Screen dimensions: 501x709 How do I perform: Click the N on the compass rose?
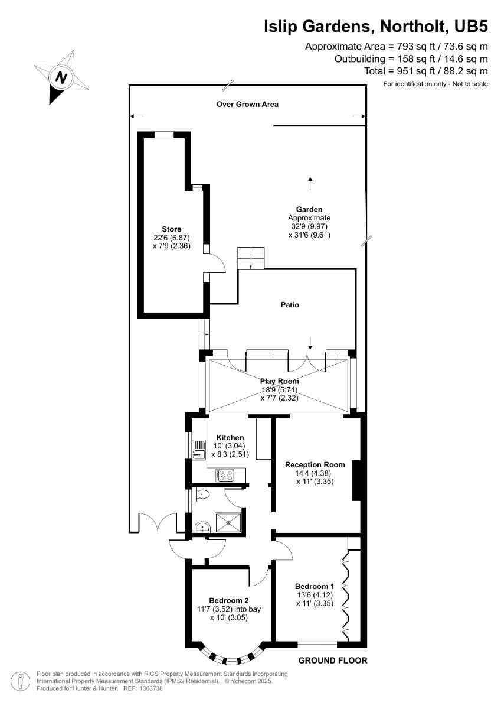[61, 77]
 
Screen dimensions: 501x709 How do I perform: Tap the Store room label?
[171, 229]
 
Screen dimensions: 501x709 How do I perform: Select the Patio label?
[290, 304]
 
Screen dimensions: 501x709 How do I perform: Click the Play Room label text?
[280, 382]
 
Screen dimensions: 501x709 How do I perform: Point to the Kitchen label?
[230, 437]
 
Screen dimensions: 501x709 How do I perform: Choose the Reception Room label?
[315, 464]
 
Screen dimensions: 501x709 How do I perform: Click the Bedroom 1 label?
[315, 586]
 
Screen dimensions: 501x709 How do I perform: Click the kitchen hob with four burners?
[225, 475]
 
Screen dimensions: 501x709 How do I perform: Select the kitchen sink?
[198, 450]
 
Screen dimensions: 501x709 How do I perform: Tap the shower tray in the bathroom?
[228, 523]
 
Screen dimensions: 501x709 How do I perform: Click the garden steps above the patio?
[251, 258]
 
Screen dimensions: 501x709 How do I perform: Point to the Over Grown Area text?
[247, 104]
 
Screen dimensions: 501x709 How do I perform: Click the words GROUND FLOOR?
[333, 661]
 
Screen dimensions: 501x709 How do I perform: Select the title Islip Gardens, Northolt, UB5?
[376, 26]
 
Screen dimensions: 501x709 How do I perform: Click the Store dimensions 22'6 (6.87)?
[171, 238]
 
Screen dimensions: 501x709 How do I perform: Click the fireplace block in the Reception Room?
[356, 480]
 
